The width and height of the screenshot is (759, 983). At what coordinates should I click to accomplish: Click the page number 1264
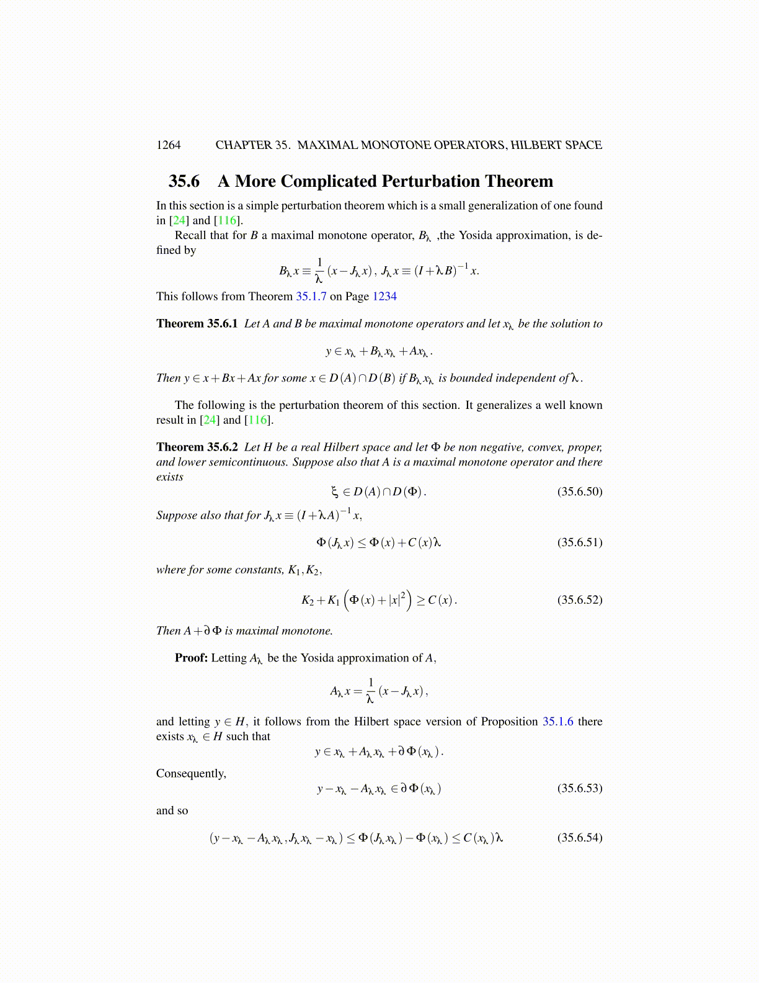click(168, 145)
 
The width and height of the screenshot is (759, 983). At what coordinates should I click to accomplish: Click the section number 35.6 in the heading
click(184, 181)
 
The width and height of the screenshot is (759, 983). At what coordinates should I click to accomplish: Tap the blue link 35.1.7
click(311, 297)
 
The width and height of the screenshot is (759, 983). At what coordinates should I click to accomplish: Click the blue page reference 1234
click(384, 297)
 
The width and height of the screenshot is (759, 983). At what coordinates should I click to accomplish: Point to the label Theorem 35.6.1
click(197, 324)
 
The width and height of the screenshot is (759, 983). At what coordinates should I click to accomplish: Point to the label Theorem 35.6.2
click(197, 447)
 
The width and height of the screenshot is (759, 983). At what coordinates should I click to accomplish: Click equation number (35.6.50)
click(579, 492)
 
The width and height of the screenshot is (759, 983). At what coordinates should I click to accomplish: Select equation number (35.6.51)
click(579, 542)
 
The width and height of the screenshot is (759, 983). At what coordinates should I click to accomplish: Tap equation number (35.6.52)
click(579, 600)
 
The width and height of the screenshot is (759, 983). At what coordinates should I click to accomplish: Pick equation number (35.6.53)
click(579, 789)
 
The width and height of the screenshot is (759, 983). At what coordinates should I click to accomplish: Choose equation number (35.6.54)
click(579, 838)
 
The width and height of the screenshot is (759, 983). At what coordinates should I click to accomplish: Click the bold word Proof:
click(191, 658)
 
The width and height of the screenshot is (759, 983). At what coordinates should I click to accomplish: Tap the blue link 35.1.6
click(557, 722)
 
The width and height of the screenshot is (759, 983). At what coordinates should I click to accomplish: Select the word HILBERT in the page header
click(535, 145)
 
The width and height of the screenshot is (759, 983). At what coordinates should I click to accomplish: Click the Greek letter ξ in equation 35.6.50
click(335, 493)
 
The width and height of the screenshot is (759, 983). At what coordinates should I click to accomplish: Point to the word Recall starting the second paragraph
click(190, 236)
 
